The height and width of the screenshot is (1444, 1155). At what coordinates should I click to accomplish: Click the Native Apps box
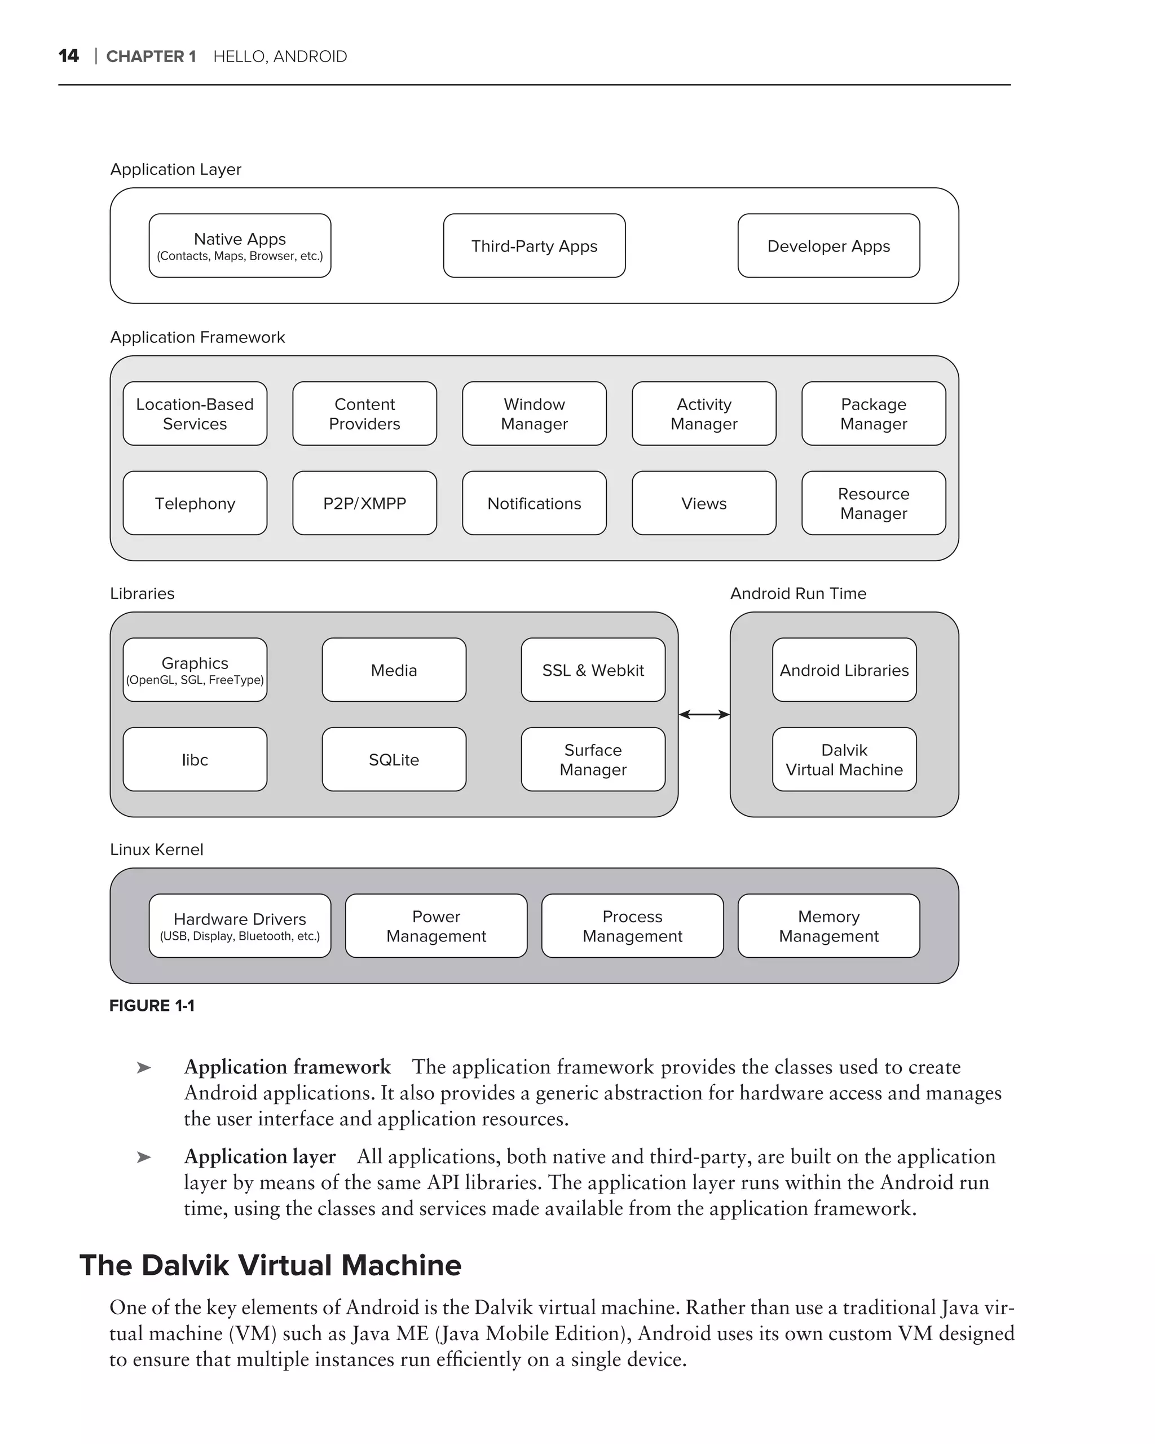point(240,246)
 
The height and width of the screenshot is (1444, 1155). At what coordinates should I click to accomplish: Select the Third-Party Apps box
point(534,246)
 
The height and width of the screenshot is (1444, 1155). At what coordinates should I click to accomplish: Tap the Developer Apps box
point(828,246)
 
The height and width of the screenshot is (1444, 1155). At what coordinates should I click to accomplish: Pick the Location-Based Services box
point(195,414)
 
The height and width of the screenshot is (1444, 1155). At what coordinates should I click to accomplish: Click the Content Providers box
point(364,414)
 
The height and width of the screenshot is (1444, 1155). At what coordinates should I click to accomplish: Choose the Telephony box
point(195,503)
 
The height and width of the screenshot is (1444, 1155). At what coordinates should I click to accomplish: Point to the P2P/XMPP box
point(364,503)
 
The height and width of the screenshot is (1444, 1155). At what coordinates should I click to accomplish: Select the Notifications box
point(534,503)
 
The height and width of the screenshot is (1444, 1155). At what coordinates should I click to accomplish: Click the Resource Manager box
point(873,503)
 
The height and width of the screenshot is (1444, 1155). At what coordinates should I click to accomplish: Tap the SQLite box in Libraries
point(394,759)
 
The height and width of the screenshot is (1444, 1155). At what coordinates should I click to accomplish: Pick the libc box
point(195,759)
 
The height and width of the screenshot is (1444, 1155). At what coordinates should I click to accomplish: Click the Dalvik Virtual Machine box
point(844,759)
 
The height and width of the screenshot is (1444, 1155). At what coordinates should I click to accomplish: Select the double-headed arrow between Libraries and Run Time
point(704,715)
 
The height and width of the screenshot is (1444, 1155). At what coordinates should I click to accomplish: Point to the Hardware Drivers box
point(240,926)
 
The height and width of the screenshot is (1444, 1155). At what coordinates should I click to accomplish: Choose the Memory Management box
point(828,926)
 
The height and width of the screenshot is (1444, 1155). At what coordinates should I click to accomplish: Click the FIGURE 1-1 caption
point(152,1005)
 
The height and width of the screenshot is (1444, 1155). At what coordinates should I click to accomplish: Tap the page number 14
point(68,56)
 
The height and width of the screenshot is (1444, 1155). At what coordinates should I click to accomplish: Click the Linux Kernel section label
point(156,849)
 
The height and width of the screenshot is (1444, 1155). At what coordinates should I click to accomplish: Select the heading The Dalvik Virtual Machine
point(271,1265)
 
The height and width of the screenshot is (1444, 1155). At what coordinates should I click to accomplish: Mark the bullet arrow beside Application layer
point(143,1157)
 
